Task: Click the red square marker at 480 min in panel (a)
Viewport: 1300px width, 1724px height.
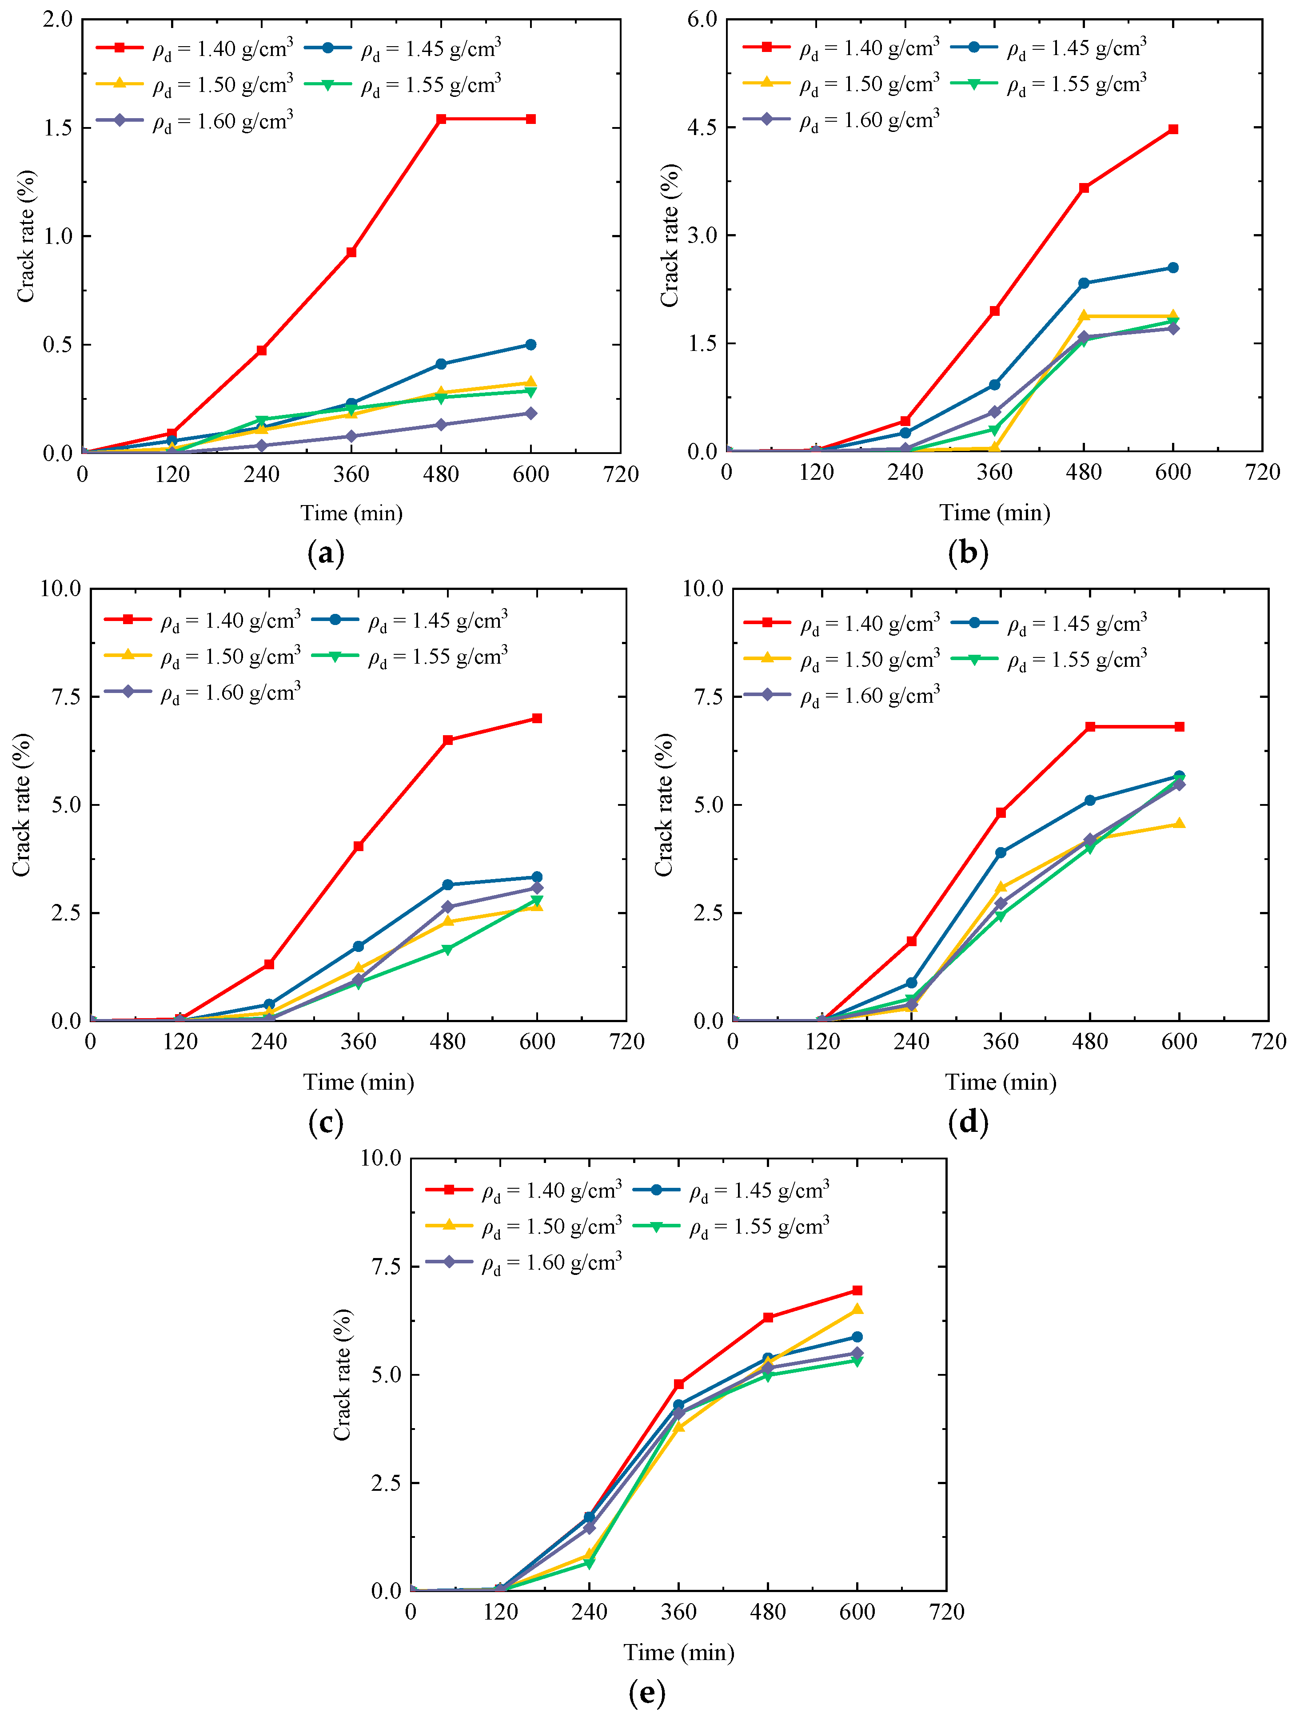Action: coord(441,119)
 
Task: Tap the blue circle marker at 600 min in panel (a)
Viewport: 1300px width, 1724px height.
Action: coord(531,344)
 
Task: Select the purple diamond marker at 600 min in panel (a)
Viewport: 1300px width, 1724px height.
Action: coord(531,413)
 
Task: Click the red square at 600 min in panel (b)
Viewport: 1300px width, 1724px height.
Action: coord(1173,129)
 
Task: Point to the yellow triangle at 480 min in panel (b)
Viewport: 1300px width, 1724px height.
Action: coord(1083,316)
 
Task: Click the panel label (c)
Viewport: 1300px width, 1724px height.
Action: coord(326,1123)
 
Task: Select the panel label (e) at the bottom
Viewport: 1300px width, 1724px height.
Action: coord(647,1693)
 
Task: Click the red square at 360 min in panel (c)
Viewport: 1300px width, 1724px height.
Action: coord(359,846)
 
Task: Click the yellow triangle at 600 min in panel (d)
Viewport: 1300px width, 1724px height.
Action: coord(1179,824)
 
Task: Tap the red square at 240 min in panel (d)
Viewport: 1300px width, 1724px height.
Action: coord(911,941)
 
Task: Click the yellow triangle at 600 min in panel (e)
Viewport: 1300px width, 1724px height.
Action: coord(857,1310)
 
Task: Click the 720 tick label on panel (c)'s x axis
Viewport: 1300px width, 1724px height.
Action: coord(626,1042)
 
